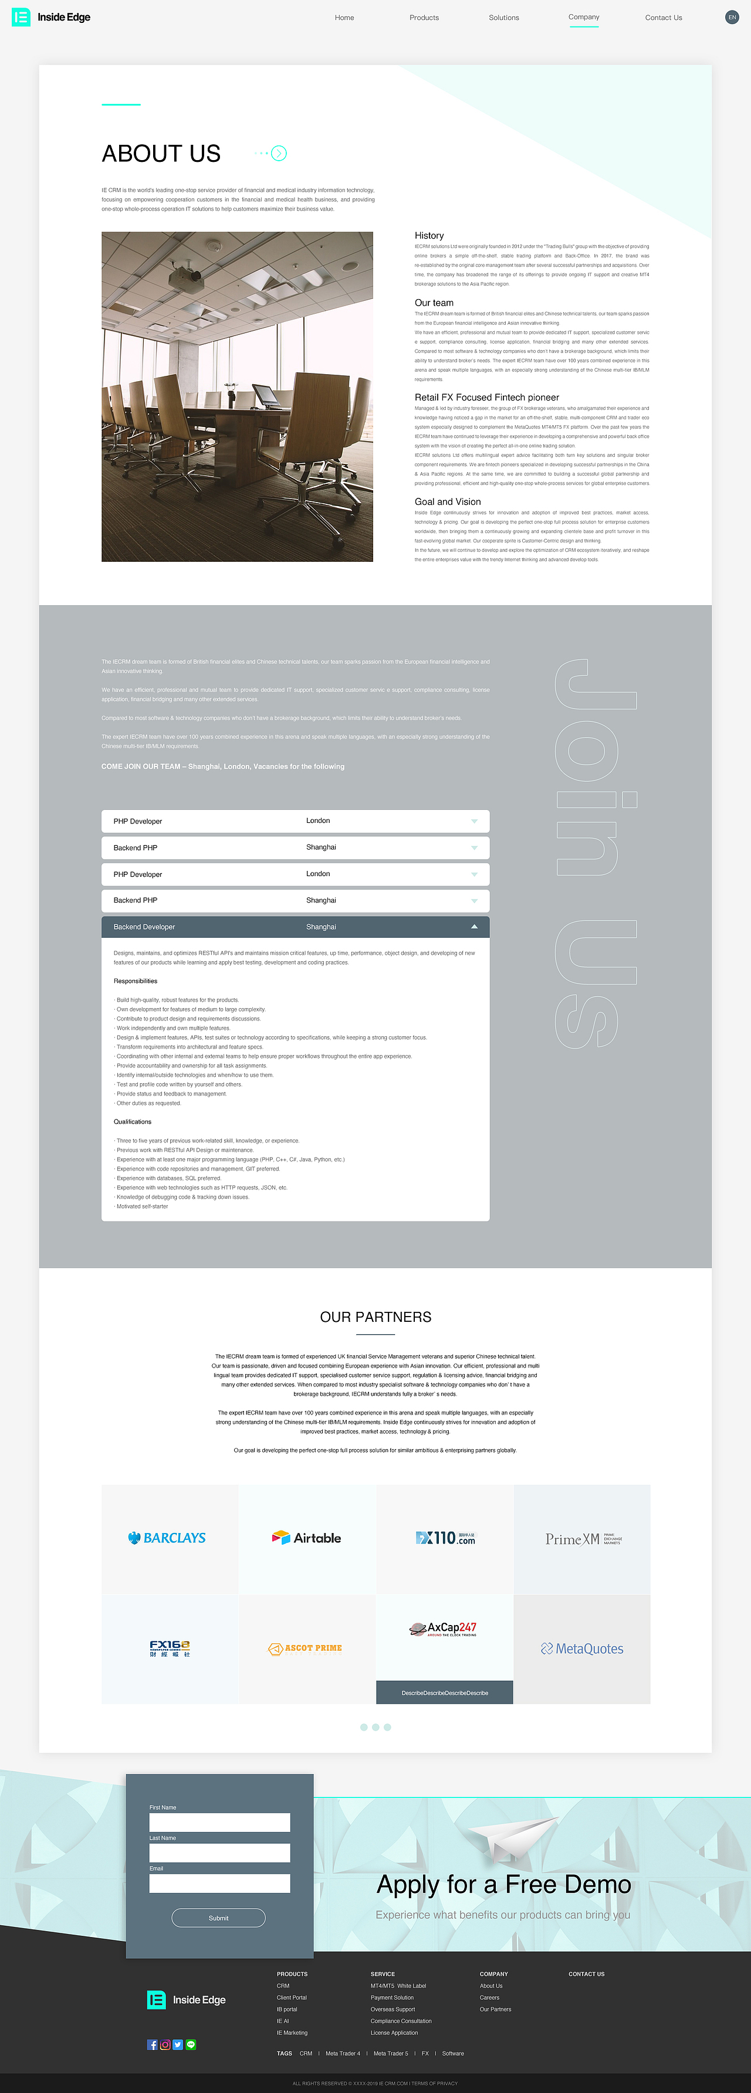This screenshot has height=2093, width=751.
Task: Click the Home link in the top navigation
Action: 344,17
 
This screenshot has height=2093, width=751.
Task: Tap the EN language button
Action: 732,17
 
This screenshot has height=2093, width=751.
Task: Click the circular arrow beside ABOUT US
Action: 279,152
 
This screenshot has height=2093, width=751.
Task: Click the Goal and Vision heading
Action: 447,501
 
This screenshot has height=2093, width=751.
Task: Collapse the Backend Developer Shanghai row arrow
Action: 474,926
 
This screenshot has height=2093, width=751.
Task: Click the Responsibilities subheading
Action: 135,981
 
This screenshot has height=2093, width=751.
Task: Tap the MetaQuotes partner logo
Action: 582,1648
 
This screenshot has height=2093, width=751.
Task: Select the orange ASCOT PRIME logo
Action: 306,1648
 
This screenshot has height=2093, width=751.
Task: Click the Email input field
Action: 219,1884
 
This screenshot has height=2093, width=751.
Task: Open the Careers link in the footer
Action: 489,1997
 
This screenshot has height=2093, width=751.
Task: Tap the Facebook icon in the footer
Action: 152,2044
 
